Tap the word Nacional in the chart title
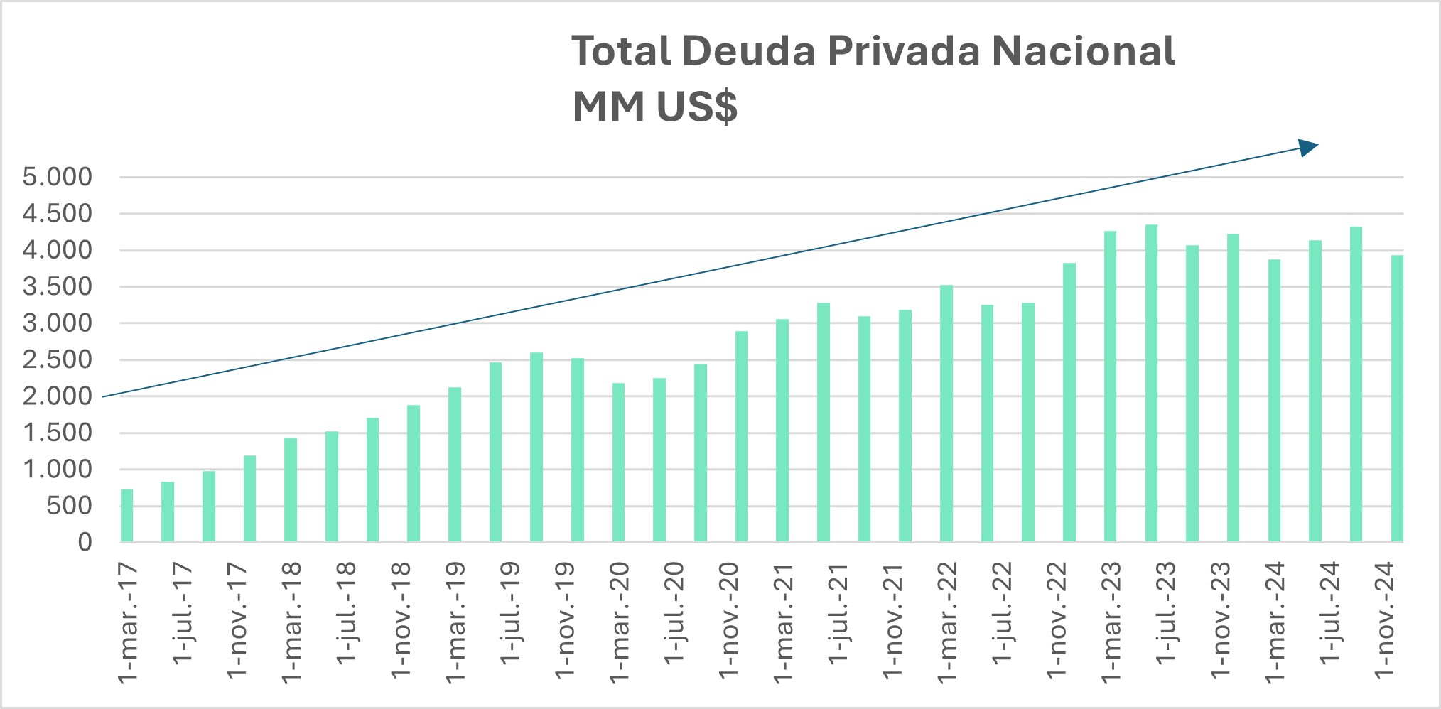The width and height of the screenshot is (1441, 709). tap(1083, 51)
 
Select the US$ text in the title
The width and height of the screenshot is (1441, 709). tap(696, 107)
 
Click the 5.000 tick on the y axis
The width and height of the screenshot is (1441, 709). tap(58, 177)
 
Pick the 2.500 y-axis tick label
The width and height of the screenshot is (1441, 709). tap(58, 359)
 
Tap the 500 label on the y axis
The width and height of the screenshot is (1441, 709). tap(69, 506)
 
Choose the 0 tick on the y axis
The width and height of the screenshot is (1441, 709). tap(85, 542)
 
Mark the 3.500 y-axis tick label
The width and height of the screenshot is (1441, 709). tap(58, 286)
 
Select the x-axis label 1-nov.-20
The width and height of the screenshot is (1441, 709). tap(729, 620)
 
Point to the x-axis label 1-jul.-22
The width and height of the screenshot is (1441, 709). tap(1002, 613)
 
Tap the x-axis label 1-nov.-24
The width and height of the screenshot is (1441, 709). tap(1385, 620)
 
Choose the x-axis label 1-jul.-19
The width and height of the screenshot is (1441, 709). tap(510, 613)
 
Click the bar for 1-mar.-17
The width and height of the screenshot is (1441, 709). tap(127, 516)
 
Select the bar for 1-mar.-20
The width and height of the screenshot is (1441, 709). tap(619, 462)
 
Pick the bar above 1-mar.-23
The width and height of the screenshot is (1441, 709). tap(1111, 386)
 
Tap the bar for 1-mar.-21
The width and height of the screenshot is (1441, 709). tap(782, 431)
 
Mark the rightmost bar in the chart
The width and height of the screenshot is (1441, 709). tap(1397, 399)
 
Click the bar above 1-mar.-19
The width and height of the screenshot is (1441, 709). tap(455, 465)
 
